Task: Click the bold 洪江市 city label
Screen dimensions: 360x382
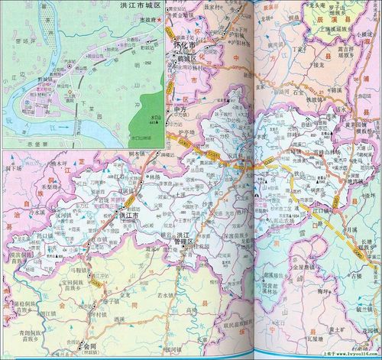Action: [128, 216]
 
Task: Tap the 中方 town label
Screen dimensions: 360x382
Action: [181, 109]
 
